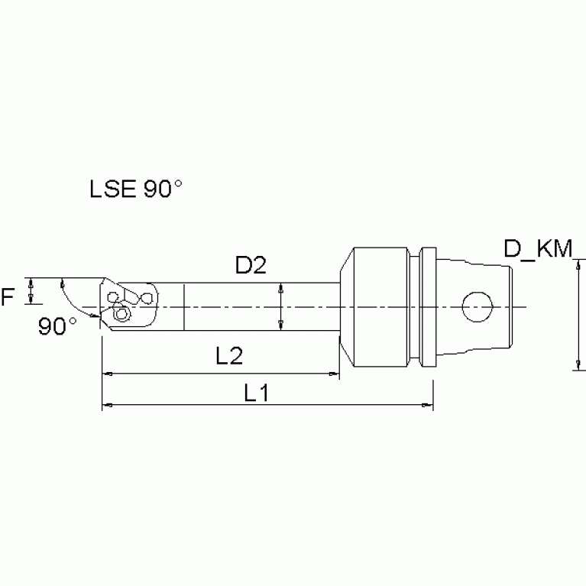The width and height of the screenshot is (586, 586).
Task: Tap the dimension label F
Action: (x=8, y=296)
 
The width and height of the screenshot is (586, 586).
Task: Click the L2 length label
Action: (x=230, y=355)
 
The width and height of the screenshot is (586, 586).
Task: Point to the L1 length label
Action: (x=258, y=393)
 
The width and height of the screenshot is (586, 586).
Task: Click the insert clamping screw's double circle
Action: (x=120, y=313)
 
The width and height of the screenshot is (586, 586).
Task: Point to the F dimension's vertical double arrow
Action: (x=31, y=291)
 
